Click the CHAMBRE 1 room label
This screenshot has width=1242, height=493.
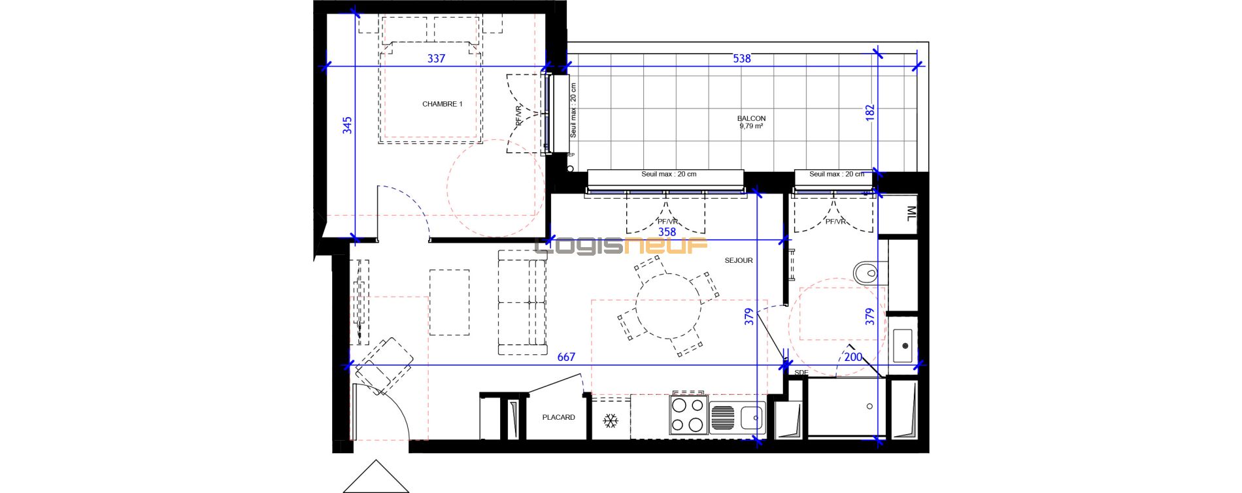tap(442, 104)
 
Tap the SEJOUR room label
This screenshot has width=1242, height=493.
tap(739, 260)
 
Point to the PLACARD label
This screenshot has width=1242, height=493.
tap(558, 417)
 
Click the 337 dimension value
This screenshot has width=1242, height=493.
tap(436, 59)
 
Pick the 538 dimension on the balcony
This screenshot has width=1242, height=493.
tap(742, 59)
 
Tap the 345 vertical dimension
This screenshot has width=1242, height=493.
tap(347, 126)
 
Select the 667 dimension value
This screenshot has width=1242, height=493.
tap(566, 357)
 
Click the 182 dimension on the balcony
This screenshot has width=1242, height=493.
tap(870, 112)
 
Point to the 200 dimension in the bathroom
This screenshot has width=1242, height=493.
tap(853, 357)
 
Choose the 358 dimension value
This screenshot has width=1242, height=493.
tap(667, 232)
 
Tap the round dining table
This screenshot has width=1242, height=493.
tap(669, 305)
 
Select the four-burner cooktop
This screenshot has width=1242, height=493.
tap(689, 415)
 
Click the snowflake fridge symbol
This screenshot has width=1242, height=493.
tap(611, 421)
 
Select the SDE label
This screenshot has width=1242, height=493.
tap(801, 373)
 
